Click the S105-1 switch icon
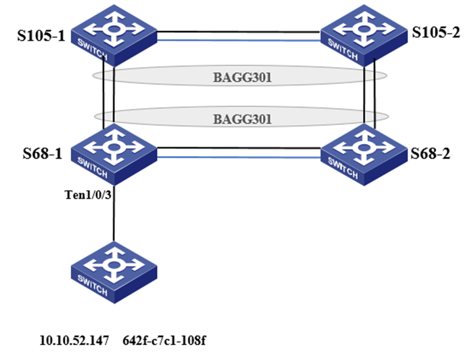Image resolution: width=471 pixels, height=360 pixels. tap(114, 35)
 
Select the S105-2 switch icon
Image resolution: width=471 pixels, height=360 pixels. tap(364, 35)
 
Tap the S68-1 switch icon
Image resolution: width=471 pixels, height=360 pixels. tap(114, 154)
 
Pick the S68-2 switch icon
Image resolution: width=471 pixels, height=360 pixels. tap(364, 154)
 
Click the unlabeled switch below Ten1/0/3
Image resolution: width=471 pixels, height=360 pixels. tap(114, 272)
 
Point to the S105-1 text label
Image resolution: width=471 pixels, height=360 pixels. tap(41, 35)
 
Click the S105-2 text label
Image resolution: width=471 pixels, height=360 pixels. tap(436, 32)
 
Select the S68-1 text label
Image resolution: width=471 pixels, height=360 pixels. tap(42, 154)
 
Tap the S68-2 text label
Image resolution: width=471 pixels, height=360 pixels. tap(431, 154)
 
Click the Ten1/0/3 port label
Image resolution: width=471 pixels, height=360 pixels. tap(88, 195)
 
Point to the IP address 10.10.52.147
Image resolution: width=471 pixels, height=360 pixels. tap(74, 341)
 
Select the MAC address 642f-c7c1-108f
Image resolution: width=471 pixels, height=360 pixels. tap(164, 341)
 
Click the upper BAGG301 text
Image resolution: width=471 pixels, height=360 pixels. tap(243, 78)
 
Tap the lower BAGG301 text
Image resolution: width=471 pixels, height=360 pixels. tap(243, 119)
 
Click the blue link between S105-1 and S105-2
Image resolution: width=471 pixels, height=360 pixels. tap(239, 40)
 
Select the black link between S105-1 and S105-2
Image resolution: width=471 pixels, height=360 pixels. tap(239, 32)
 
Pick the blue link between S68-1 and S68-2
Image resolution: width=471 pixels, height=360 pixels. tap(239, 157)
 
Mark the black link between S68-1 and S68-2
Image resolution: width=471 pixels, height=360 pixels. tap(239, 148)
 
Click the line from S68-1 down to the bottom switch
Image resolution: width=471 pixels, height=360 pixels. tap(114, 213)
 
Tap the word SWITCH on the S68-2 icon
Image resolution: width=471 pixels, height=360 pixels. tap(343, 168)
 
